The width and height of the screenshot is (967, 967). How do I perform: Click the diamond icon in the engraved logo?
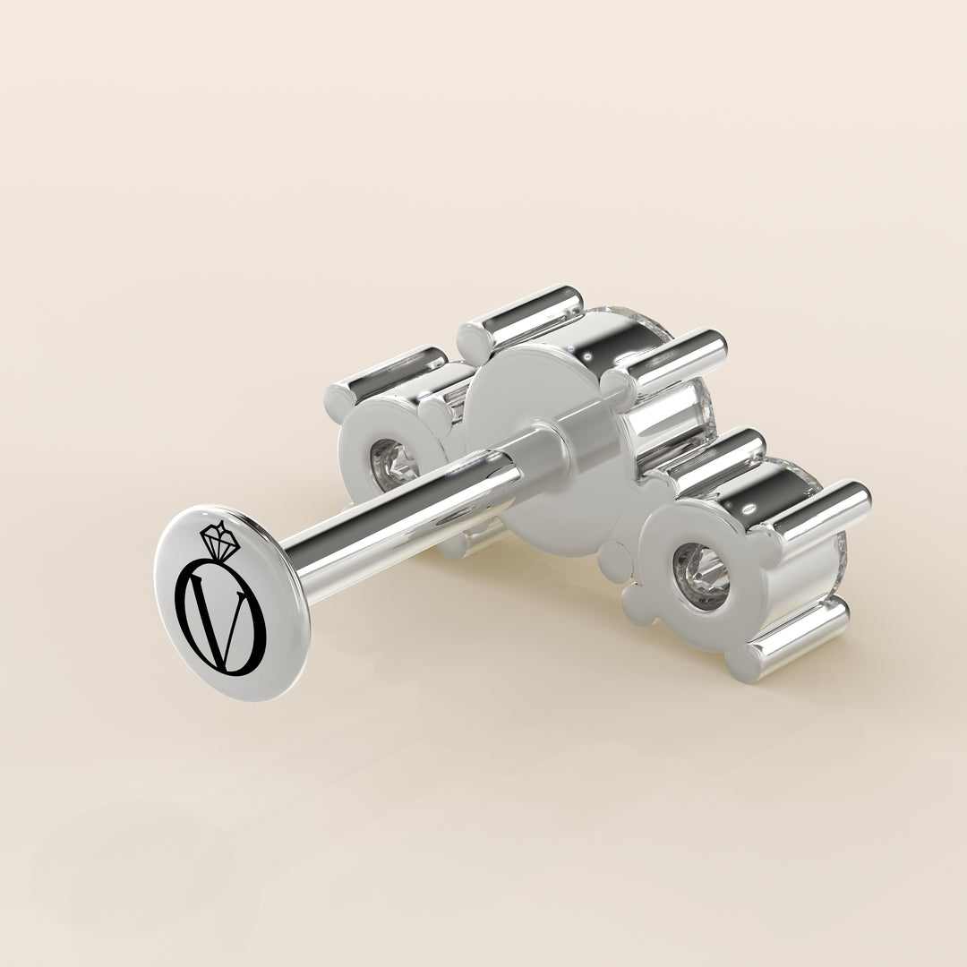[x=219, y=540]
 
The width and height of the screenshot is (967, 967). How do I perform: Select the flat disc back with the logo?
[x=231, y=603]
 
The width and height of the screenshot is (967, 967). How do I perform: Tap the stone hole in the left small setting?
[x=388, y=466]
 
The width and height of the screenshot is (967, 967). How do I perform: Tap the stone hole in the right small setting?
[x=700, y=577]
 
